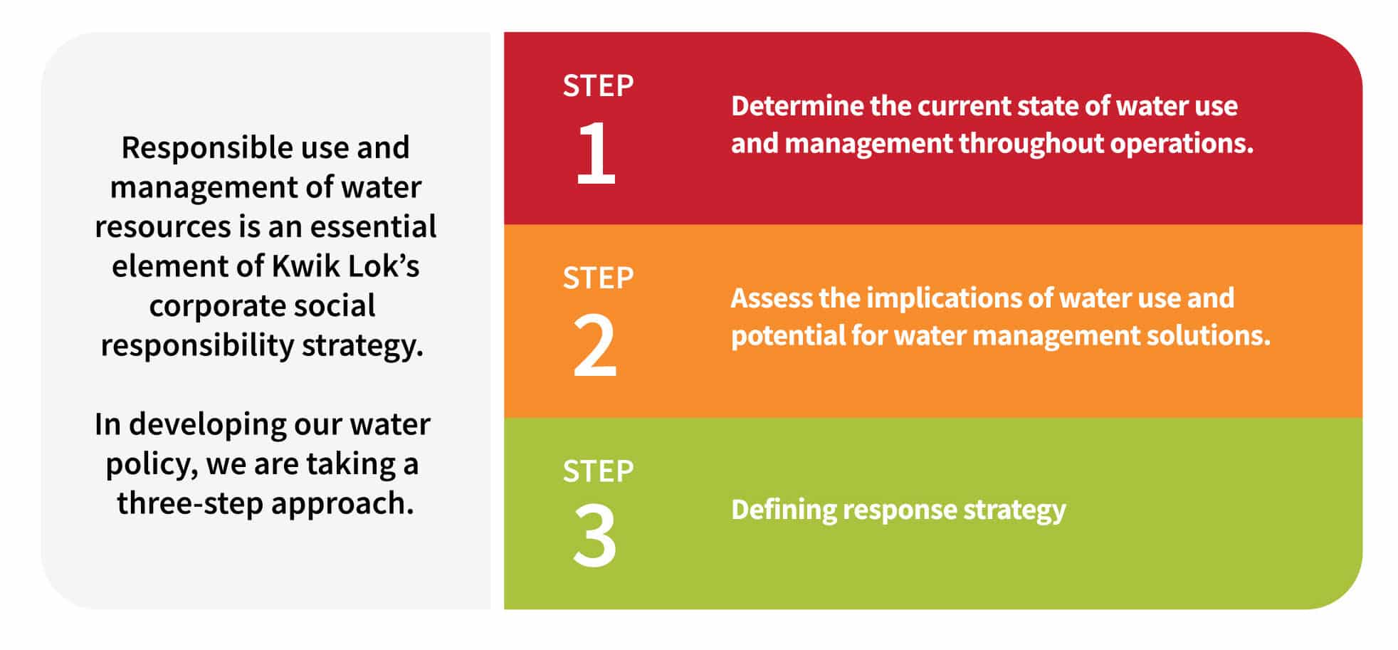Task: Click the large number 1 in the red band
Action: click(x=596, y=152)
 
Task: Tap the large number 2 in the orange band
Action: click(x=595, y=346)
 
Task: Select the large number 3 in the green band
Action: click(x=595, y=536)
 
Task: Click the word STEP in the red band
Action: click(x=598, y=85)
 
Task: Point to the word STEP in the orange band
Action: click(x=598, y=278)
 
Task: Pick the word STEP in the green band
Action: click(x=598, y=471)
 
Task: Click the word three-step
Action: click(x=190, y=504)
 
